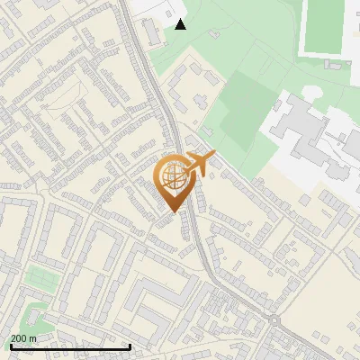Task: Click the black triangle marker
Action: (x=181, y=23)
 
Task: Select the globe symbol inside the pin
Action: (x=173, y=177)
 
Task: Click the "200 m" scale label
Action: (x=23, y=338)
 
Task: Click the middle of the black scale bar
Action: (x=70, y=346)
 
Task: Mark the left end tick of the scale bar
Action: (x=11, y=346)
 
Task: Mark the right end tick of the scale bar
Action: (x=130, y=346)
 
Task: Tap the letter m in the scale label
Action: (x=32, y=338)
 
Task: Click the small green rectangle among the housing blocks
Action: (x=38, y=275)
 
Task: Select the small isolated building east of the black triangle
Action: (x=214, y=33)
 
